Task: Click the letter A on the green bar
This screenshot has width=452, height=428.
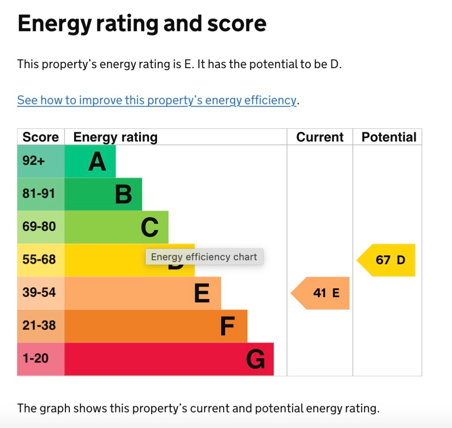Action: (97, 161)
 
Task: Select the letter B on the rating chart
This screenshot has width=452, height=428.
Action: (124, 195)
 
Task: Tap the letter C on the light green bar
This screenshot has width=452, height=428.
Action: (150, 228)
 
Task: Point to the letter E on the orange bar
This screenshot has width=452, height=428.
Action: (202, 294)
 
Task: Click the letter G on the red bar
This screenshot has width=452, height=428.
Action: (256, 359)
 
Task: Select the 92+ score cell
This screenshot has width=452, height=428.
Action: (34, 161)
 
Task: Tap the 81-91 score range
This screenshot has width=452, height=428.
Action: (39, 194)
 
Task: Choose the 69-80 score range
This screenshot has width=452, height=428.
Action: (39, 227)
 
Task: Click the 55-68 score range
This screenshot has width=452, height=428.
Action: (39, 260)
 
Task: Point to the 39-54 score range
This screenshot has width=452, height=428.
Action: (39, 293)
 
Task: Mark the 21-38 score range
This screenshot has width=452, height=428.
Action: (39, 326)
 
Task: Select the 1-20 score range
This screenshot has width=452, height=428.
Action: (35, 359)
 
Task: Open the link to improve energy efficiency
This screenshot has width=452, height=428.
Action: (157, 100)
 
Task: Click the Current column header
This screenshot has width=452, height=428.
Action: (320, 137)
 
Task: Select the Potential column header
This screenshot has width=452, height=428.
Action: (389, 137)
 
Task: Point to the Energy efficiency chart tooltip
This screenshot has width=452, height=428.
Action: (204, 257)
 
